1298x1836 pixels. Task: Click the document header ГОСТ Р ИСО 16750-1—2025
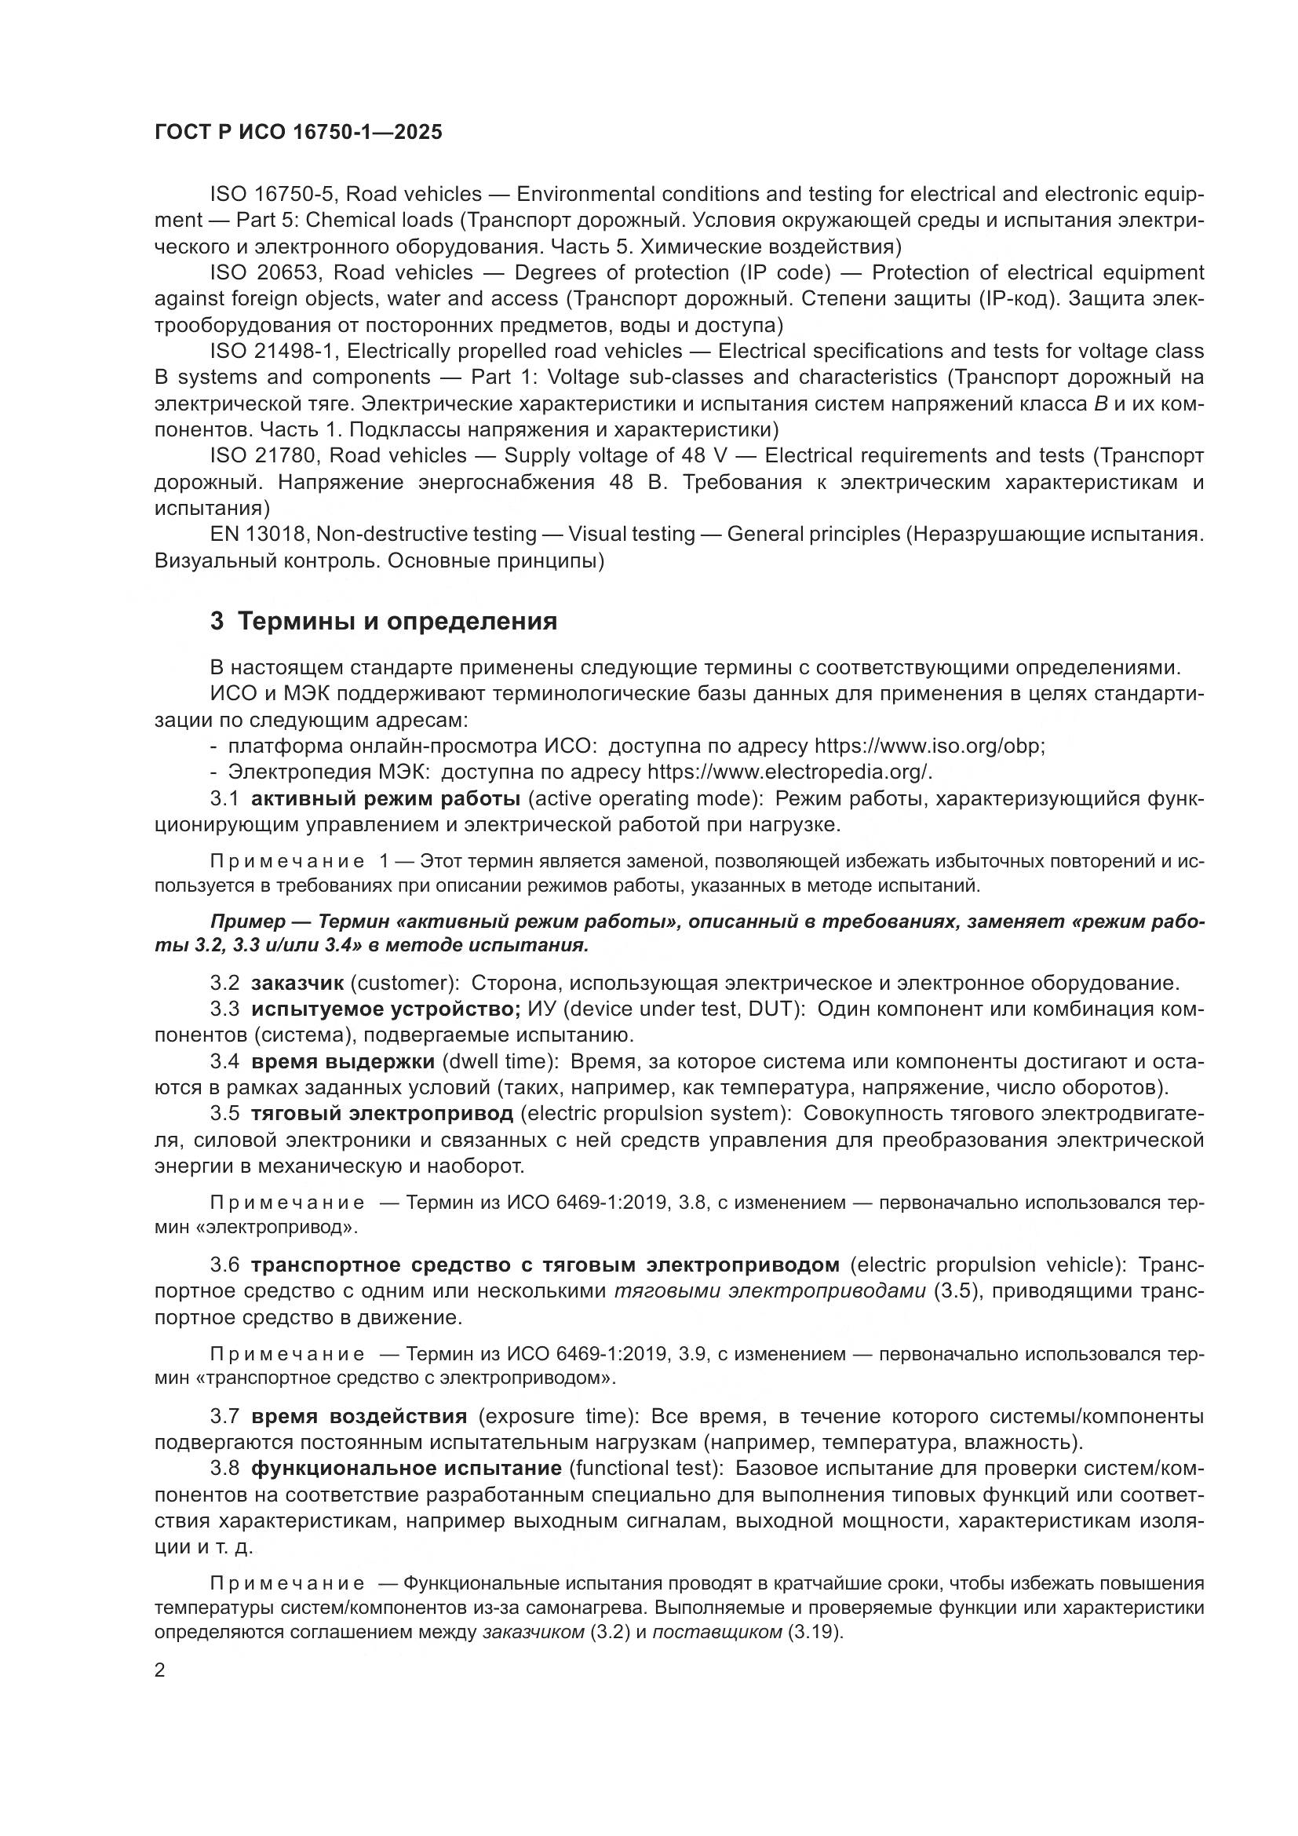297,133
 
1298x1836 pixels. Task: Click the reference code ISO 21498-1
272,351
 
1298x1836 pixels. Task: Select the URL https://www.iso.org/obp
928,746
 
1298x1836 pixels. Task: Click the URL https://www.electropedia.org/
788,772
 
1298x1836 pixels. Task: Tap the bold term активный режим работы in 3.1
385,798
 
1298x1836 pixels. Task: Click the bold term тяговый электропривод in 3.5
382,1114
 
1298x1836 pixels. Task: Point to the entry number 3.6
224,1265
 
